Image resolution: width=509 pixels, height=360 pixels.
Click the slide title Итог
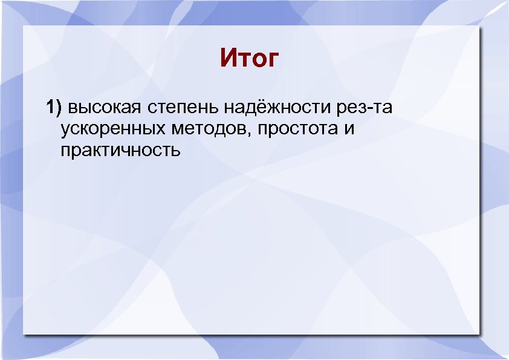pyautogui.click(x=249, y=59)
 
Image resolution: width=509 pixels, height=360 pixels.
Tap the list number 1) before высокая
pyautogui.click(x=54, y=108)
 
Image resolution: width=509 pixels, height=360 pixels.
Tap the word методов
pyautogui.click(x=207, y=129)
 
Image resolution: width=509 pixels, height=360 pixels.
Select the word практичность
pyautogui.click(x=120, y=149)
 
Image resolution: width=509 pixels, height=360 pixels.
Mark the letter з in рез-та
pyautogui.click(x=365, y=110)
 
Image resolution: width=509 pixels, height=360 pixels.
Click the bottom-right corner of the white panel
pyautogui.click(x=481, y=333)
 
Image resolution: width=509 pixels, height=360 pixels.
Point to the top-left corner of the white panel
pyautogui.click(x=23, y=26)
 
